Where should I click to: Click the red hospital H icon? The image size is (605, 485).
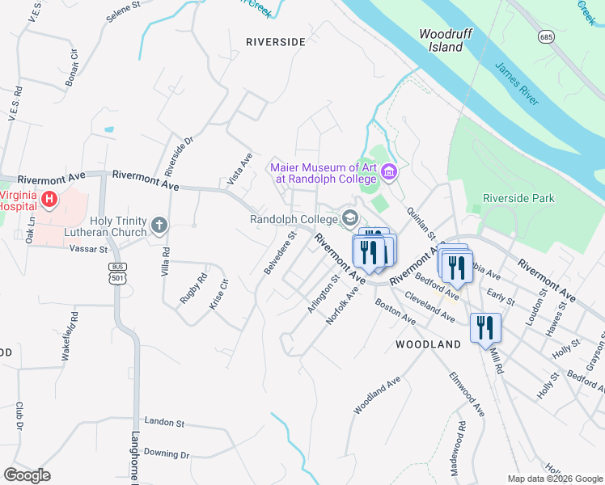point(49,198)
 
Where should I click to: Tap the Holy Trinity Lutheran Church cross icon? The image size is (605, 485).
point(160,224)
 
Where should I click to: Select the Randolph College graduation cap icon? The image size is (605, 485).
point(350,217)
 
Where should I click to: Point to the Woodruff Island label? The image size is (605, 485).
point(441,40)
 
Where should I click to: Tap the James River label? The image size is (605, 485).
point(517,84)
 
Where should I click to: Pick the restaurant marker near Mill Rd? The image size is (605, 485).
point(485,327)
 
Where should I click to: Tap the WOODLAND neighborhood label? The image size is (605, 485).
point(428,344)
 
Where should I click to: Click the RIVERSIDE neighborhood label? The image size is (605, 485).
point(276,41)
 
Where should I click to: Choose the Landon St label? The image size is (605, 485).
point(164,422)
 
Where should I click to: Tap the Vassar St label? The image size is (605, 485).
point(91,250)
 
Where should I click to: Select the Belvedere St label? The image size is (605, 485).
point(280,253)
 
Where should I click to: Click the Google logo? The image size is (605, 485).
point(27,474)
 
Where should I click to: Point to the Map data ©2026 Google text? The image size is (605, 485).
point(554,479)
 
